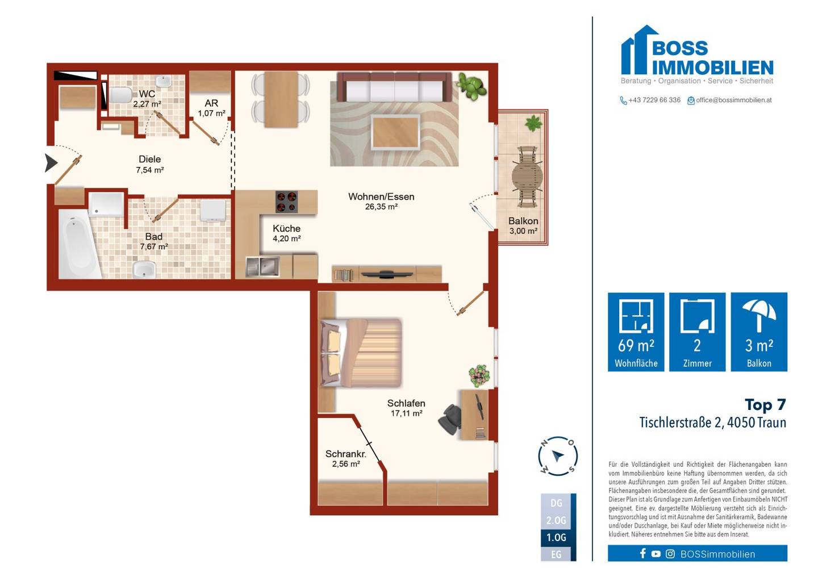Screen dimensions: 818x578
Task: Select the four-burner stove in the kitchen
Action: tap(286, 202)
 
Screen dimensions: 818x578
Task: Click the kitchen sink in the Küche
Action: tap(262, 267)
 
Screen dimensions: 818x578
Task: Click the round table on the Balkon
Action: tap(527, 177)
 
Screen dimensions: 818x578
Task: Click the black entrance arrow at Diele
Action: tap(51, 163)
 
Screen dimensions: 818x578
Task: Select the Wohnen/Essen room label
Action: tap(381, 196)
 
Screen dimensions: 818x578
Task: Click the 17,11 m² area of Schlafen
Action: tap(407, 413)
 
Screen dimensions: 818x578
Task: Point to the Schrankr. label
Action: tap(345, 454)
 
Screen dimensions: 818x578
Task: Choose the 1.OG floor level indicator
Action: tap(556, 538)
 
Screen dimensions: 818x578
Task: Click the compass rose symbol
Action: tap(558, 456)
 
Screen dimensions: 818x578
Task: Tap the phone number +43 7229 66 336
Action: tap(654, 100)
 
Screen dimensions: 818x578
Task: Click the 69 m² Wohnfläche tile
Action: tap(636, 332)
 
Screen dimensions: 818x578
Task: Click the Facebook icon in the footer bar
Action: tap(642, 554)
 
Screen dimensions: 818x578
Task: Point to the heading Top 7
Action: tap(765, 405)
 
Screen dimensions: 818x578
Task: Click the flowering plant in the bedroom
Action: tap(479, 375)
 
